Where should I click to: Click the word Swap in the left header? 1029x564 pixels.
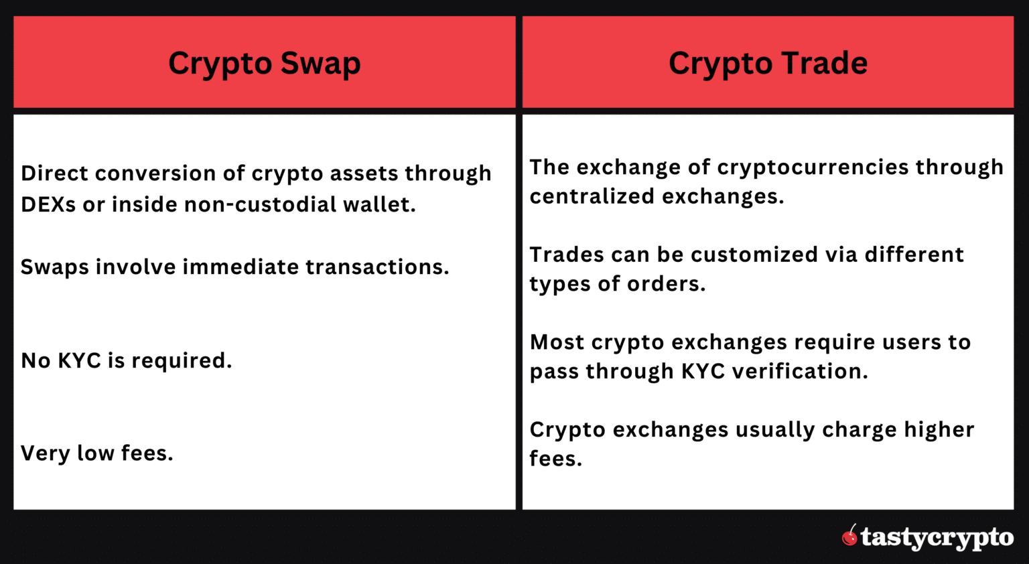point(320,64)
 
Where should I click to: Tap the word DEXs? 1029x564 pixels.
point(48,204)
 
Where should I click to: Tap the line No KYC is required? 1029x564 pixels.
point(126,360)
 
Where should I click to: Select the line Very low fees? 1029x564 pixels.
point(96,453)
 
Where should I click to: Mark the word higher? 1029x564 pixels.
point(939,429)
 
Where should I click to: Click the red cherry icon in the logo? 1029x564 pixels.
point(849,536)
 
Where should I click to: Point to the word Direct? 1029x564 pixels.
point(54,173)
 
